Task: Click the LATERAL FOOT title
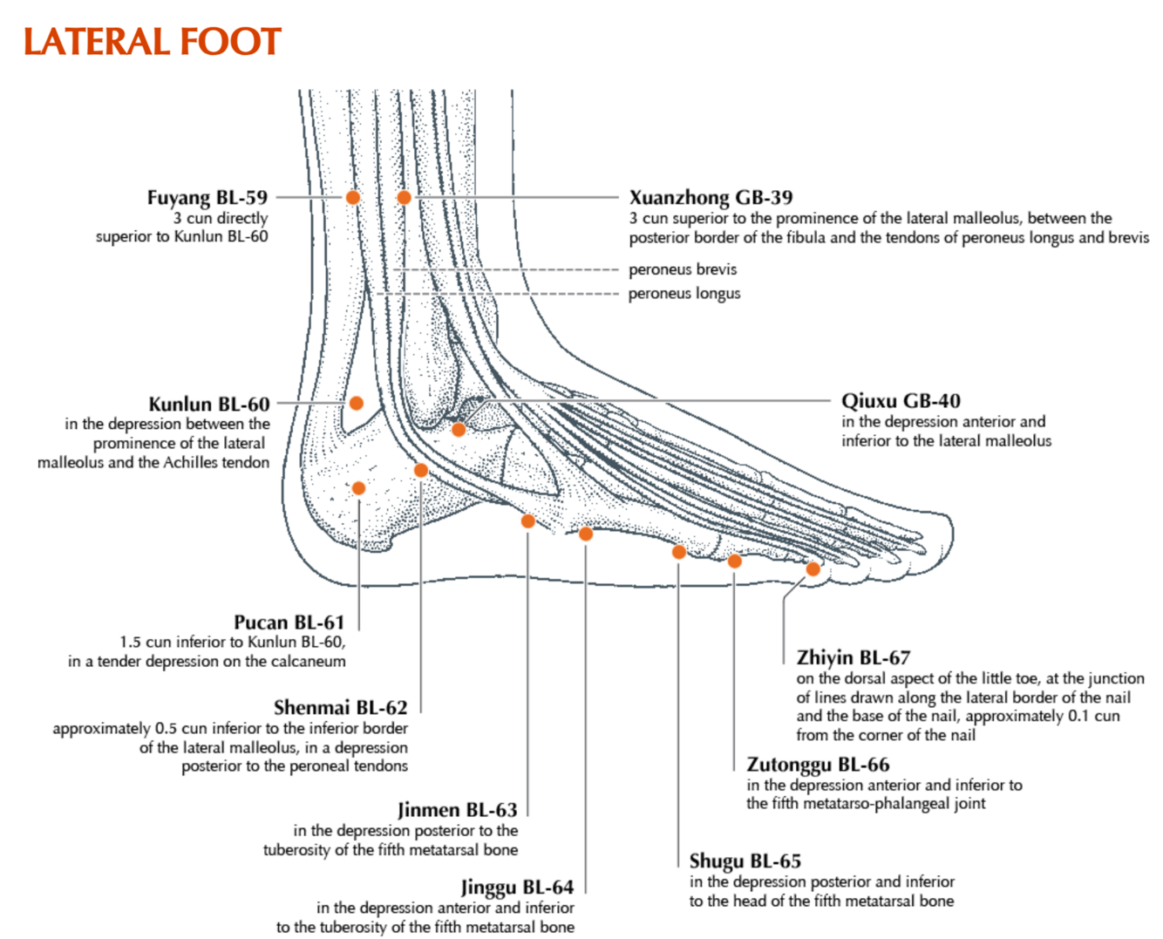click(x=153, y=42)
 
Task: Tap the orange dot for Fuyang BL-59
click(x=352, y=197)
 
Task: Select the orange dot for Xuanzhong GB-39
click(x=404, y=197)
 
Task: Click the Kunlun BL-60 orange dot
click(x=356, y=403)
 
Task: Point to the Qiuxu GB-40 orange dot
click(x=459, y=429)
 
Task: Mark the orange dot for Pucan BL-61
click(x=358, y=488)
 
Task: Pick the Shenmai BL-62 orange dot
click(x=421, y=471)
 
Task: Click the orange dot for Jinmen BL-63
click(x=527, y=521)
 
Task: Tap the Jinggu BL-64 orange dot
click(x=586, y=534)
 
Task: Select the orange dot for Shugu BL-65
click(x=678, y=552)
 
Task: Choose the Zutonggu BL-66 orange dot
click(x=735, y=561)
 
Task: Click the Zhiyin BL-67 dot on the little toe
click(x=813, y=569)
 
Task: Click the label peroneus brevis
click(x=683, y=269)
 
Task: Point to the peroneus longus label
click(x=684, y=294)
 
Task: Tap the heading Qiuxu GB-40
click(x=901, y=401)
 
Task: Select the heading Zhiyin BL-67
click(x=854, y=657)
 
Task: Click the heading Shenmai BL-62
click(x=340, y=707)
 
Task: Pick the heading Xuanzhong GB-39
click(x=711, y=197)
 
